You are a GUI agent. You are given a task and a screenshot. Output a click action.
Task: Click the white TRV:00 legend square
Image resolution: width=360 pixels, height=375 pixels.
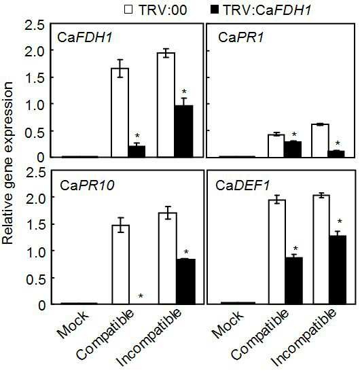pos(128,10)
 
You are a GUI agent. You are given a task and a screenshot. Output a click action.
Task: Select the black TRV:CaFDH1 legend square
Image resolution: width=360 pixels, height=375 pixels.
pos(215,10)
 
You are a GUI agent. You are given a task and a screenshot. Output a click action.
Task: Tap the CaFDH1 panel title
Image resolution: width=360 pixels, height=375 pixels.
pos(85,38)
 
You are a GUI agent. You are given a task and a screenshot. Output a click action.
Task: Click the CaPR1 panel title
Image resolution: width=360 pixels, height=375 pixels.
pos(241,38)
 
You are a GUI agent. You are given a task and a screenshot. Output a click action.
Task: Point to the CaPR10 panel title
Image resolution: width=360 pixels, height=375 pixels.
pos(87,185)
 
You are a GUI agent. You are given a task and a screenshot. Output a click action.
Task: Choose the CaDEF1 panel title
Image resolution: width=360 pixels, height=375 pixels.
pos(242,185)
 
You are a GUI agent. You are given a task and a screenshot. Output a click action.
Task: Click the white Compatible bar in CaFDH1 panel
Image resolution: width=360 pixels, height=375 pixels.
pos(120,113)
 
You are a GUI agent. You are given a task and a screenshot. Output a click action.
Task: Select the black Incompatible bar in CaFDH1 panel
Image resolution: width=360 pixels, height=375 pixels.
pos(183,131)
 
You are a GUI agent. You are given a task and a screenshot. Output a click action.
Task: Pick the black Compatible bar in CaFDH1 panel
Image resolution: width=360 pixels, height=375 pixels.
pos(137,151)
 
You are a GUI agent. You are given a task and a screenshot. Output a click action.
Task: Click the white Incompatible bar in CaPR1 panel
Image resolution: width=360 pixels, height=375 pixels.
pos(321,141)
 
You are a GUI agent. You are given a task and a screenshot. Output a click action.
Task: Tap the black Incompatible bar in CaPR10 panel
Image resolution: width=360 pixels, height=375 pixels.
pos(186,281)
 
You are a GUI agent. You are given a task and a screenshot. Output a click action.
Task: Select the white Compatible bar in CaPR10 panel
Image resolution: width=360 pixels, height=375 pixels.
pos(121,264)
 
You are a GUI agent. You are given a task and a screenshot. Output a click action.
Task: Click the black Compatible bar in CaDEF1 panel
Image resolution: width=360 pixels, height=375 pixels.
pos(294,281)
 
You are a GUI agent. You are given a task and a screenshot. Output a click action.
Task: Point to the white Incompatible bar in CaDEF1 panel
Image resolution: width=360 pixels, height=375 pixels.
pos(321,250)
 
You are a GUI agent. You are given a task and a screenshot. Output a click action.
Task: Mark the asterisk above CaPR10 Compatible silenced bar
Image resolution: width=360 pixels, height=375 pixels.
pos(141,296)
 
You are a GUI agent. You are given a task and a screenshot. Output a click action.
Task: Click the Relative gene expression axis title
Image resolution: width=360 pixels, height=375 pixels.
pos(7,163)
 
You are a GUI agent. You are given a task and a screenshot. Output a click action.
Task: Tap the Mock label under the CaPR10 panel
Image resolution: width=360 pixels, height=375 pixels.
pos(73,325)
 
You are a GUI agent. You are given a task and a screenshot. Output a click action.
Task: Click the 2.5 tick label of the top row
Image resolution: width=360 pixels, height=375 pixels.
pos(35,25)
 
